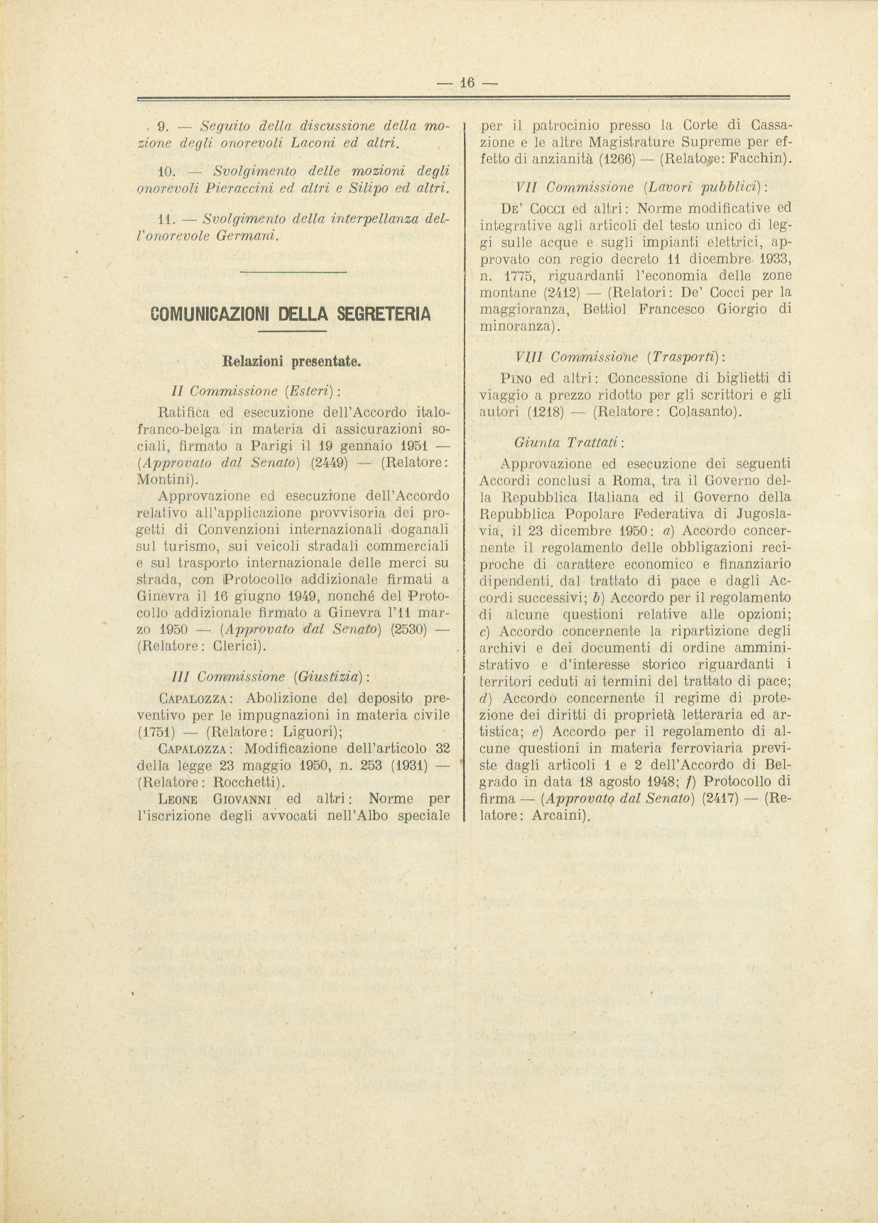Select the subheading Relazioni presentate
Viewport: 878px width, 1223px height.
[292, 361]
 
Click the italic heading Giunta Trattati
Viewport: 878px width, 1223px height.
[569, 442]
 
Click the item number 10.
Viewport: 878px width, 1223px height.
[166, 171]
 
